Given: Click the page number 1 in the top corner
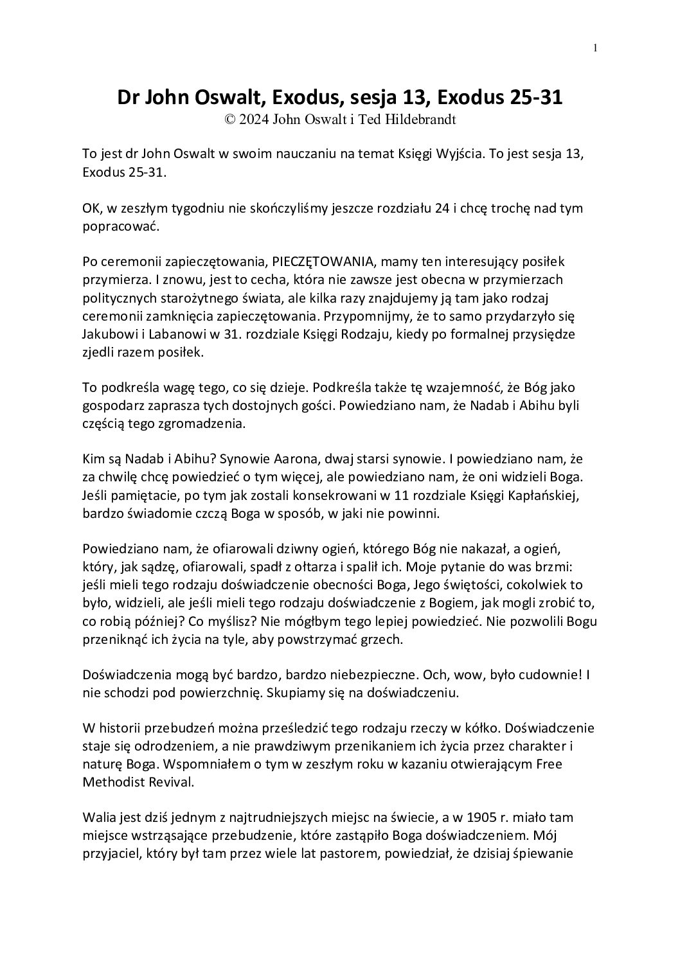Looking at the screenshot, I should (x=595, y=48).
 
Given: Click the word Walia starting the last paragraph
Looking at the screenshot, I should (x=98, y=818).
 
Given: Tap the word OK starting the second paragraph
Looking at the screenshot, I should (x=91, y=209).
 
